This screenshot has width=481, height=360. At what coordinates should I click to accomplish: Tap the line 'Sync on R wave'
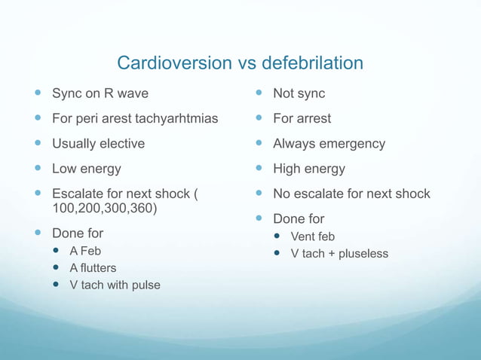100,94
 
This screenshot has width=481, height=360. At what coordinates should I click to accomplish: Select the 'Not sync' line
299,94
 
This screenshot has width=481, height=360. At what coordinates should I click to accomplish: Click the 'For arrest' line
302,119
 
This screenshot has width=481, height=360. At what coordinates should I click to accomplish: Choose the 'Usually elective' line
98,144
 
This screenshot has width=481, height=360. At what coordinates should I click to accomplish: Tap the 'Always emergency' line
329,144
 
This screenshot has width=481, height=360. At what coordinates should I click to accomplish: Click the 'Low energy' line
86,169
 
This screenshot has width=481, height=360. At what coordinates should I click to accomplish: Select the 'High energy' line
309,169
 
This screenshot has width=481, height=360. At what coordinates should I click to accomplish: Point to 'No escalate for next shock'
351,194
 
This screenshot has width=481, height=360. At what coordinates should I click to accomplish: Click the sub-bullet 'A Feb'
85,251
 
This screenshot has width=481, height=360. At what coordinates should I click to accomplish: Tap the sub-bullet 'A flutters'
93,268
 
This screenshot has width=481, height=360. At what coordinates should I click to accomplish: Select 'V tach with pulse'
115,285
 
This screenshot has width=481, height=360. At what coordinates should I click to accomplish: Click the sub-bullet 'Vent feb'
312,237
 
